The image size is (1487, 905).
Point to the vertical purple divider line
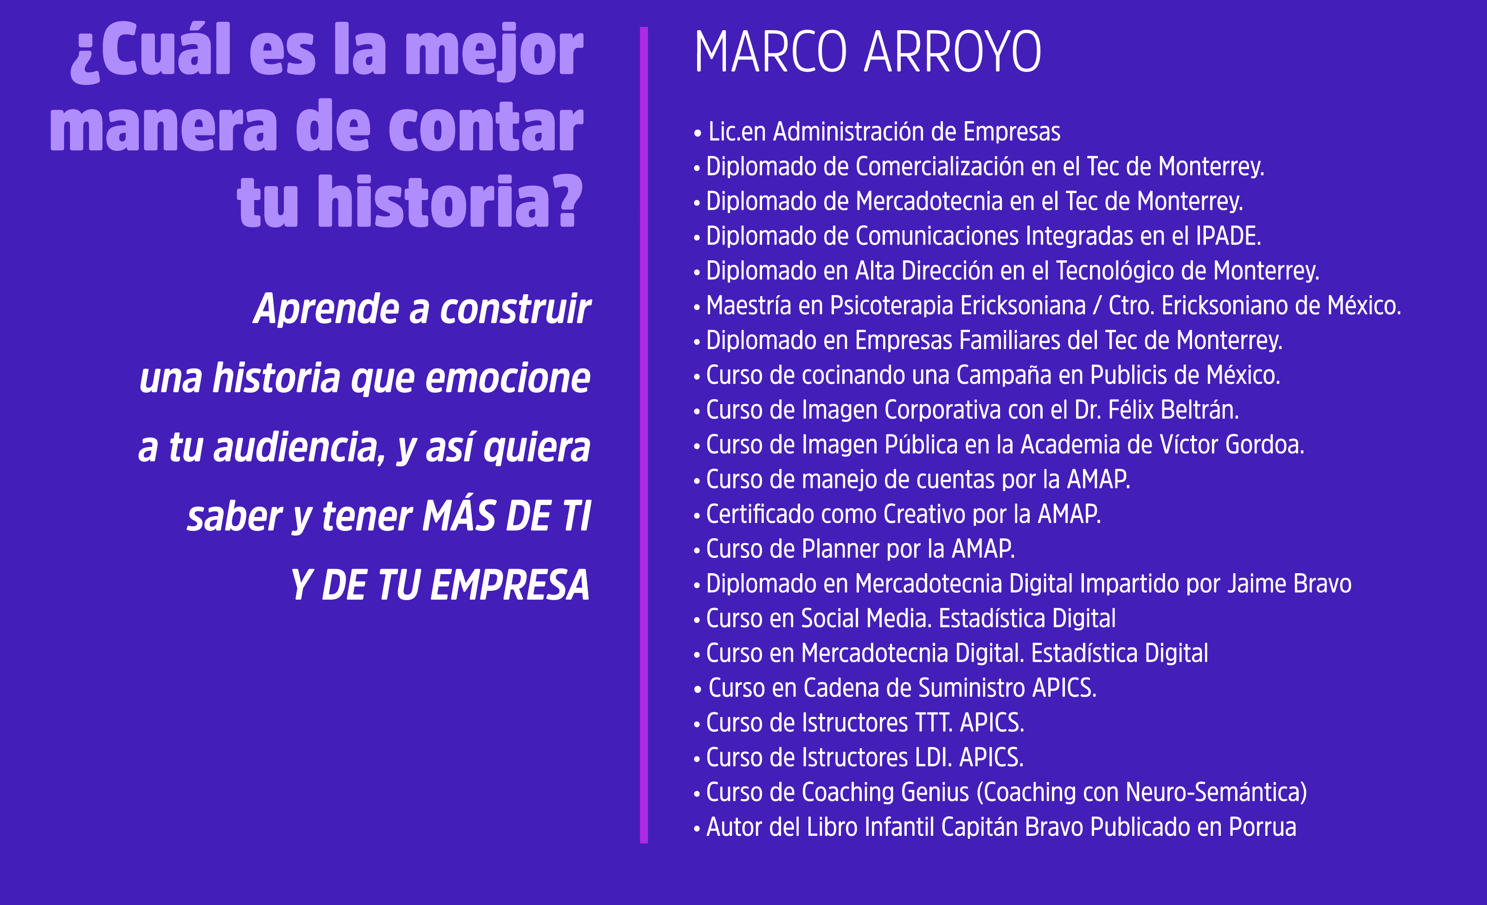pos(644,435)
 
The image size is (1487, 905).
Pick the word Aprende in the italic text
pos(326,309)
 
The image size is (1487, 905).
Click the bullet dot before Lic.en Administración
pos(698,133)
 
